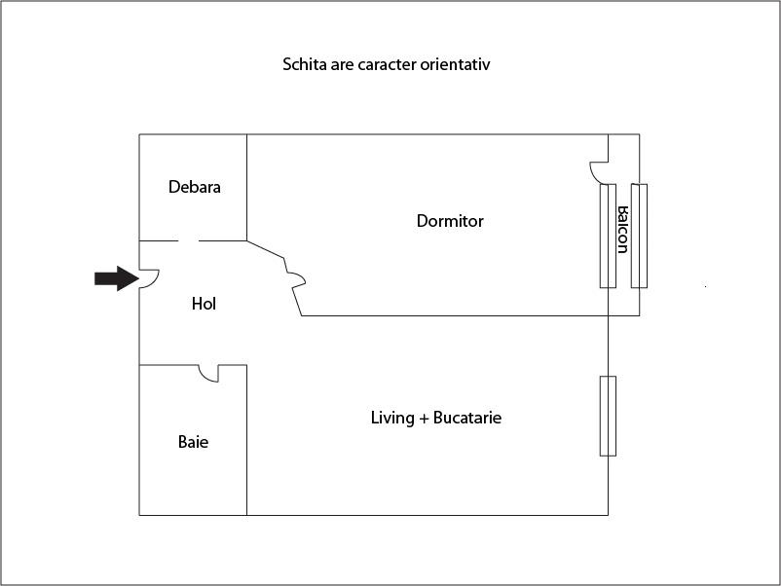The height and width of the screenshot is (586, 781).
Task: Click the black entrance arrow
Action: click(x=113, y=278)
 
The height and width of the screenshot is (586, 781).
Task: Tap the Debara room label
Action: click(x=194, y=187)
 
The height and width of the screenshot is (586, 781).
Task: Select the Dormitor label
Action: click(x=450, y=221)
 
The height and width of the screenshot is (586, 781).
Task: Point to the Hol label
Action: click(x=204, y=304)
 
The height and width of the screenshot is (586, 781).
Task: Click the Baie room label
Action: click(x=193, y=442)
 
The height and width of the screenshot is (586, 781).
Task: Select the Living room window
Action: click(x=608, y=416)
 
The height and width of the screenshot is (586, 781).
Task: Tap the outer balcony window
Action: click(x=639, y=236)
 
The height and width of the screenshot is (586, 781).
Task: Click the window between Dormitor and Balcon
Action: click(x=608, y=236)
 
